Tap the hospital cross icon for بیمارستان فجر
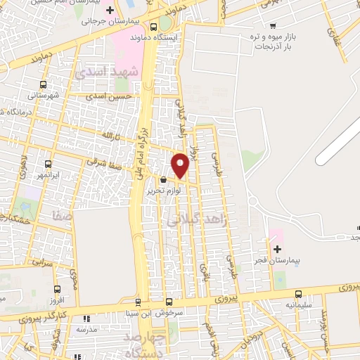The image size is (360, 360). (x=277, y=249)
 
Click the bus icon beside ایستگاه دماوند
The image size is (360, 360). (x=153, y=25)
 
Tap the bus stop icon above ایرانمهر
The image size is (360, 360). (x=48, y=162)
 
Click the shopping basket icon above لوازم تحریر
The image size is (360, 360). (x=163, y=180)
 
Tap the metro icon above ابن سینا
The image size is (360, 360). (x=138, y=302)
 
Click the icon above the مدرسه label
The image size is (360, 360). (x=85, y=318)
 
